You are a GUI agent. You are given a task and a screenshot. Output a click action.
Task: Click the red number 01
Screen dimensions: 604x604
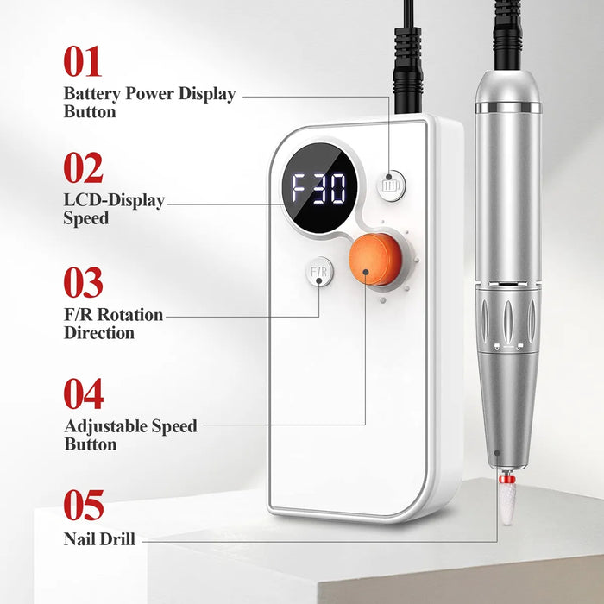pos(83,61)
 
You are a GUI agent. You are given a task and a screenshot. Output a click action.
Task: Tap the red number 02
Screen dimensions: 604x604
pos(83,167)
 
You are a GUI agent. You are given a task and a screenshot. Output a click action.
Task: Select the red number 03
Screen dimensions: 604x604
pos(83,282)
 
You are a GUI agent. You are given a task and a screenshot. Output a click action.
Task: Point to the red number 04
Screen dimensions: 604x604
pos(84,393)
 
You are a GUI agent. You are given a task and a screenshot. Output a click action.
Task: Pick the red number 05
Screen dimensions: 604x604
pos(84,505)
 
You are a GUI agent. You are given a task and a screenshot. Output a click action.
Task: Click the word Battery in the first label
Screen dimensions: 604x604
pos(91,94)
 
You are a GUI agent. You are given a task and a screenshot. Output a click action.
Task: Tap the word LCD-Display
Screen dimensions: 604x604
pos(114,200)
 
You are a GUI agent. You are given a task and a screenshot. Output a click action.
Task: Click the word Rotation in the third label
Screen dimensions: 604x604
pos(130,315)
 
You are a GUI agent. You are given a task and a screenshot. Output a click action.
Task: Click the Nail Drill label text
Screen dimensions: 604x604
pos(99,539)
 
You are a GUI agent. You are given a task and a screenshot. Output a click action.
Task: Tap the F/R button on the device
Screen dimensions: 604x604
pos(319,272)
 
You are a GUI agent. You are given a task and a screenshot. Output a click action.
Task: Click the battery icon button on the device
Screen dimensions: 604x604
pos(391,186)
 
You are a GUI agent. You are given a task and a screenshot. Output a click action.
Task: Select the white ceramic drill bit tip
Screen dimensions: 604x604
pos(507,503)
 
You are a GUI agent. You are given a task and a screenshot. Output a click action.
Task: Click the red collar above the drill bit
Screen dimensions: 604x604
pos(507,479)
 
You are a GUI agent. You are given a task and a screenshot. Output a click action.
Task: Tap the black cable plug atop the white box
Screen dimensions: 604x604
pos(407,70)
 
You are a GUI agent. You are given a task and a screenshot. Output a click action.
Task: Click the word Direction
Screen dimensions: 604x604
pos(99,333)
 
